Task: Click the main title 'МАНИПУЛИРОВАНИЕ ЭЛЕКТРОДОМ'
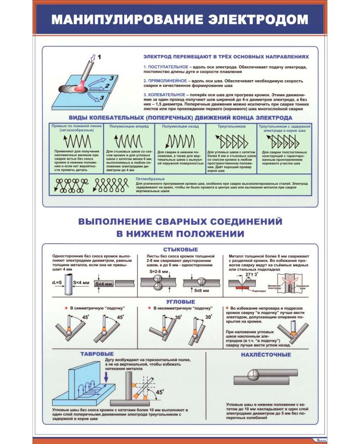point(180,20)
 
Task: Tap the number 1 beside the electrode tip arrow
point(99,56)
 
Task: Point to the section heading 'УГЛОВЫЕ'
point(180,302)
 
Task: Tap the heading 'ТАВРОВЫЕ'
point(97,354)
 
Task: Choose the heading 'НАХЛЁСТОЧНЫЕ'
point(266,355)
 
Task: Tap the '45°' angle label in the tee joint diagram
point(160,392)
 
